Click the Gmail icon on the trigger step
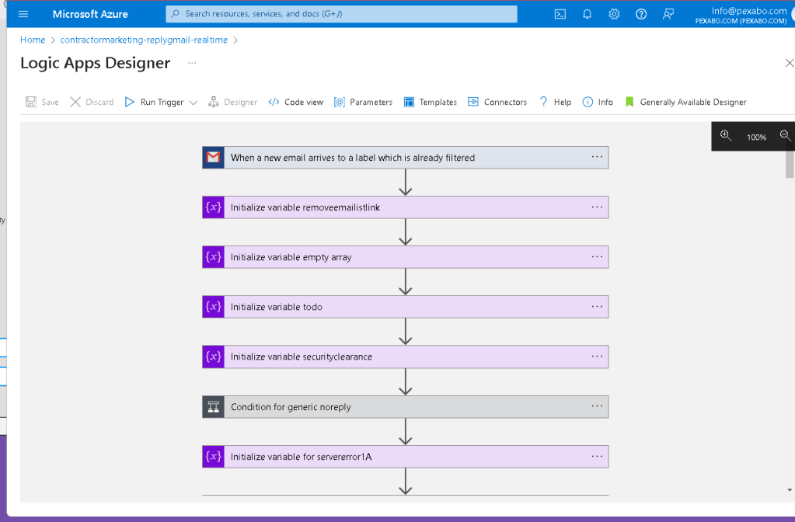click(213, 158)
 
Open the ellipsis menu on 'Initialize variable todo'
click(597, 307)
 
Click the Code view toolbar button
click(295, 102)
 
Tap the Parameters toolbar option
click(363, 102)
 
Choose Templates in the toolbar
click(431, 102)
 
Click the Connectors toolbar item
click(497, 102)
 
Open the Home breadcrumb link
click(33, 40)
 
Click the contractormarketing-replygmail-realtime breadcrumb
click(144, 40)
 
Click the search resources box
click(341, 14)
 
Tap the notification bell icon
click(588, 14)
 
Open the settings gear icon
click(614, 14)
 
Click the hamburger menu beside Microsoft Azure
click(23, 14)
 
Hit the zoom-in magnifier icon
click(726, 135)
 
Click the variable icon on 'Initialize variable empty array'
click(213, 257)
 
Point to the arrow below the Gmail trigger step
click(405, 183)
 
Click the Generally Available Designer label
click(693, 102)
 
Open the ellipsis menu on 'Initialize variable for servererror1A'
click(597, 457)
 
